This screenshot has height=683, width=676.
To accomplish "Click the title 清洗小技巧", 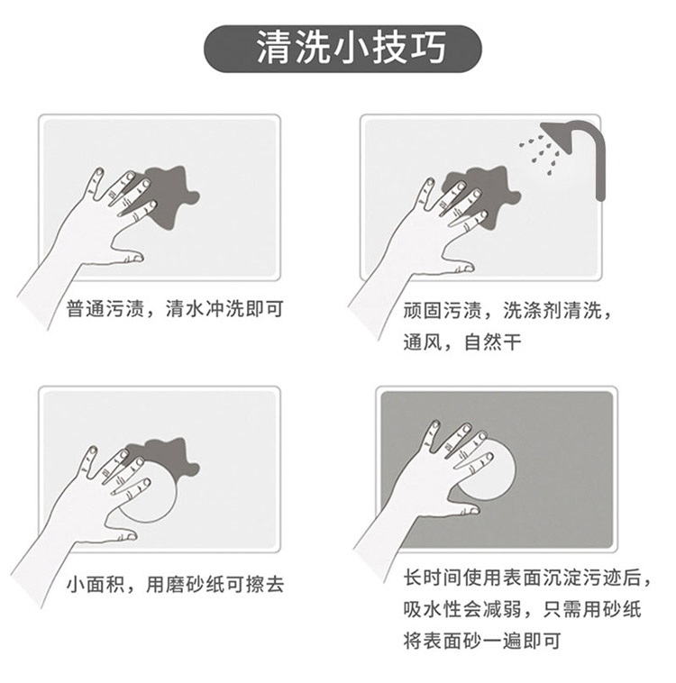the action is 351,48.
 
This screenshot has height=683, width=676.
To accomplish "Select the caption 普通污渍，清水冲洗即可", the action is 175,309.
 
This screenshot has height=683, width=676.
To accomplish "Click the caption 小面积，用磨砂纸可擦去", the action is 175,584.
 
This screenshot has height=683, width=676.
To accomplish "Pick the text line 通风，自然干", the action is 462,341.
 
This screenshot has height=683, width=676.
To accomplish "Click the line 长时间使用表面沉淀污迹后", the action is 526,578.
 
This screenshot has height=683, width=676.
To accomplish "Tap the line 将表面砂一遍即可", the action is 481,641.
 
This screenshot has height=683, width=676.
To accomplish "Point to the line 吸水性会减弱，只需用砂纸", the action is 522,609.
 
